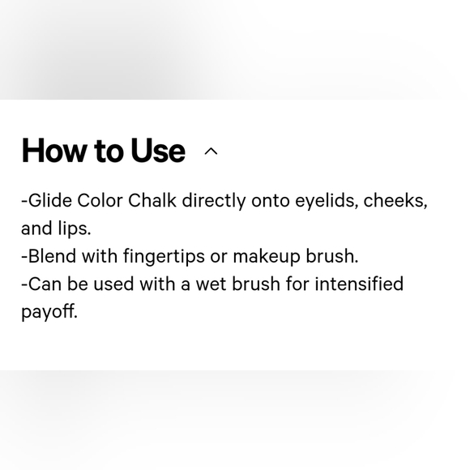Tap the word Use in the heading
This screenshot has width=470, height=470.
point(158,151)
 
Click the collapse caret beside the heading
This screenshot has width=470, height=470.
point(211,152)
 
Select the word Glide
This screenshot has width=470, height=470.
point(50,200)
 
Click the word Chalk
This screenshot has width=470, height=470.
point(152,200)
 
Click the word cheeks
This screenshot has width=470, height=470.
point(395,201)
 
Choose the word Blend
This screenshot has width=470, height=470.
point(52,256)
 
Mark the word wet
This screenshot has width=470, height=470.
point(211,284)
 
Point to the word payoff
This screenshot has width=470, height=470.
point(49,312)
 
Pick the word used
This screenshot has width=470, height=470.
point(113,284)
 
